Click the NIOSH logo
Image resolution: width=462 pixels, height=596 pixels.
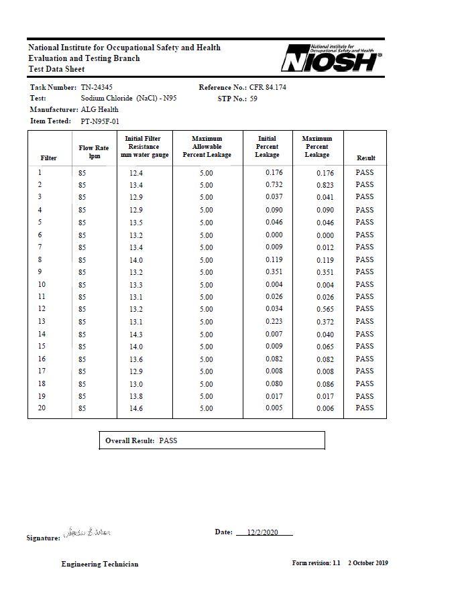pyautogui.click(x=331, y=58)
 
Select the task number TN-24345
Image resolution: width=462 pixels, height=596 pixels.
pyautogui.click(x=97, y=88)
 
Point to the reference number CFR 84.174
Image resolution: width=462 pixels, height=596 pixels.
pyautogui.click(x=268, y=88)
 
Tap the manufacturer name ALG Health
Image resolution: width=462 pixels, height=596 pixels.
pyautogui.click(x=99, y=109)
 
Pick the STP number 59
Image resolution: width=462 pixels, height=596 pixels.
pyautogui.click(x=253, y=99)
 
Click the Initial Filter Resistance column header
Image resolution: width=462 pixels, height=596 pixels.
pyautogui.click(x=144, y=147)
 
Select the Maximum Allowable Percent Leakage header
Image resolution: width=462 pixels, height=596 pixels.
pyautogui.click(x=207, y=147)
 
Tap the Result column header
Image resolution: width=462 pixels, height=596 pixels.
pyautogui.click(x=365, y=158)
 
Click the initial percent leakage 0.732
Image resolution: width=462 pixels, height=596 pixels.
pyautogui.click(x=274, y=185)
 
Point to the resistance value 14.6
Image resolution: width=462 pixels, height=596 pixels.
pyautogui.click(x=136, y=408)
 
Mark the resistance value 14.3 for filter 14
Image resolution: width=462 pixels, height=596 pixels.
pyautogui.click(x=136, y=335)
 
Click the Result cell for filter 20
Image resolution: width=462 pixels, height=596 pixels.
pyautogui.click(x=365, y=408)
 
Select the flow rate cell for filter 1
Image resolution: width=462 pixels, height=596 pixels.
pyautogui.click(x=82, y=173)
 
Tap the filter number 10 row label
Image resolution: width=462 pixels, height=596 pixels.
pyautogui.click(x=42, y=284)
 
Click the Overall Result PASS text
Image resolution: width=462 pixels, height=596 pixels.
pyautogui.click(x=168, y=440)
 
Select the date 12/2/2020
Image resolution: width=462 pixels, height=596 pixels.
pyautogui.click(x=262, y=532)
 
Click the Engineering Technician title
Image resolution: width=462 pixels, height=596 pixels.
pyautogui.click(x=100, y=564)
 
